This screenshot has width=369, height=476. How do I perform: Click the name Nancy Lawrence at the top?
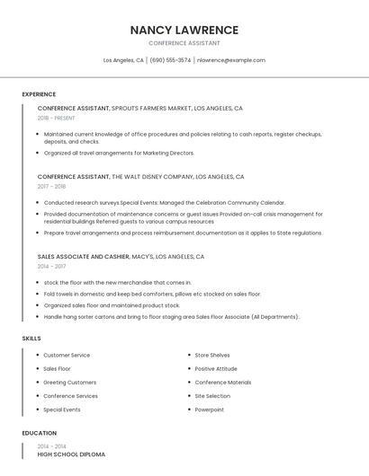coord(184,30)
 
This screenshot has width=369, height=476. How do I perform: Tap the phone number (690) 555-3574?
coord(170,60)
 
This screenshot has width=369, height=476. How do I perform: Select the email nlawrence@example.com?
coord(231,60)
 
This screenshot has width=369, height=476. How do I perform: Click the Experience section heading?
coord(39,94)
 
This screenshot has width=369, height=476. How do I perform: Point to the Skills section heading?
coord(31,339)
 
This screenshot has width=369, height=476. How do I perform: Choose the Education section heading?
coord(39,433)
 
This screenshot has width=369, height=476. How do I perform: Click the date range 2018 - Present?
coord(56,118)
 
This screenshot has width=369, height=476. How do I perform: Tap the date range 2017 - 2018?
coord(51,187)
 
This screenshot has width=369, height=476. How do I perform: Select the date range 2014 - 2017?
coord(51,267)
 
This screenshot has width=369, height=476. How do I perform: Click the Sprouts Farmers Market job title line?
coord(139,108)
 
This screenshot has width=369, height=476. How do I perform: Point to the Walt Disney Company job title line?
coord(140,177)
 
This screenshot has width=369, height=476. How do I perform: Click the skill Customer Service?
coord(67,355)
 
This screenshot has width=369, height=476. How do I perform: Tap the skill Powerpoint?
coord(209,410)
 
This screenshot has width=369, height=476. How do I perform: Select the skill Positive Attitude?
coord(216,368)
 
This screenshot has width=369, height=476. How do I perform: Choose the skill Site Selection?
coord(212,396)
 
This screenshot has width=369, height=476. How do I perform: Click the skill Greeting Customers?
coord(69,383)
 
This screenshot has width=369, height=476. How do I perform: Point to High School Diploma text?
coord(71,454)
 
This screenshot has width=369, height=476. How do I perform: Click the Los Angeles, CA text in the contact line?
coord(123,60)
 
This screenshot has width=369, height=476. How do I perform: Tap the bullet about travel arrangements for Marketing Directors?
coord(119,153)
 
